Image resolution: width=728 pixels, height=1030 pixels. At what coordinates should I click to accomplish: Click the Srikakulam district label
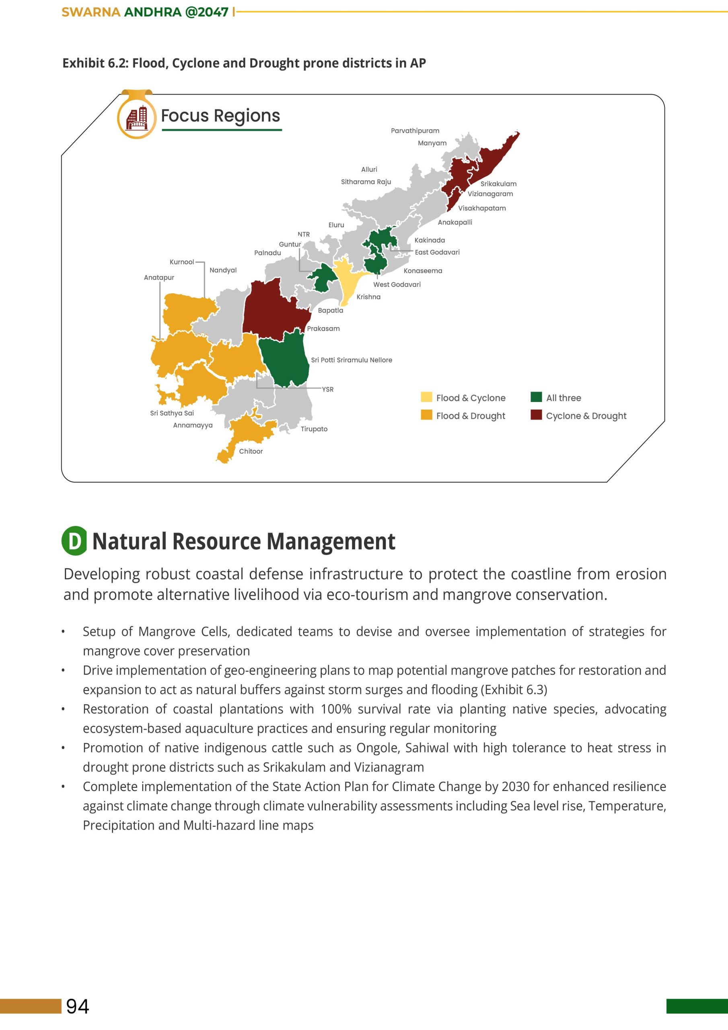coord(498,184)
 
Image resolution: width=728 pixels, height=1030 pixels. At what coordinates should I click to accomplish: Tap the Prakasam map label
coord(323,329)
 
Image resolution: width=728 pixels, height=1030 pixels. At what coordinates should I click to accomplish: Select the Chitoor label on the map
coord(251,451)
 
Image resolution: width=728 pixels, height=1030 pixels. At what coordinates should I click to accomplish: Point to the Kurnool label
coord(182,262)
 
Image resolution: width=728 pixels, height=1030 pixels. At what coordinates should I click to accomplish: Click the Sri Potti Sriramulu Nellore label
coord(351,360)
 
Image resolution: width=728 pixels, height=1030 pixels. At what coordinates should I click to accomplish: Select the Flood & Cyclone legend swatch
coord(426,398)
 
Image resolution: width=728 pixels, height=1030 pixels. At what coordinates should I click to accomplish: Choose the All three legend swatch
coord(536,398)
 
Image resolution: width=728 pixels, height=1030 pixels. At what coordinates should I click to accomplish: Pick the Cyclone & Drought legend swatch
coord(536,415)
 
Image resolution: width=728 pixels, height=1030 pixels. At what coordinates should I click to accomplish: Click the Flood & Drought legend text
coord(471,416)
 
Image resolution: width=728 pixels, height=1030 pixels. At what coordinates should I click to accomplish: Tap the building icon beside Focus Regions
coord(137,117)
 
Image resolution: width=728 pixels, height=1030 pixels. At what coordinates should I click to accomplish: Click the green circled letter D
coord(74,541)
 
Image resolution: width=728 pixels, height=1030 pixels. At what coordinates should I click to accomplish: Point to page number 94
coord(78,1006)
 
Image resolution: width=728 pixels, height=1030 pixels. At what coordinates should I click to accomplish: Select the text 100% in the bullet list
coord(335,709)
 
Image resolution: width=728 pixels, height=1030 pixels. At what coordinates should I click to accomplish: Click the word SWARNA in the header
coord(90,12)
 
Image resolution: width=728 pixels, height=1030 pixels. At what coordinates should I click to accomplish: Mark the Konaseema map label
coord(423,271)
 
